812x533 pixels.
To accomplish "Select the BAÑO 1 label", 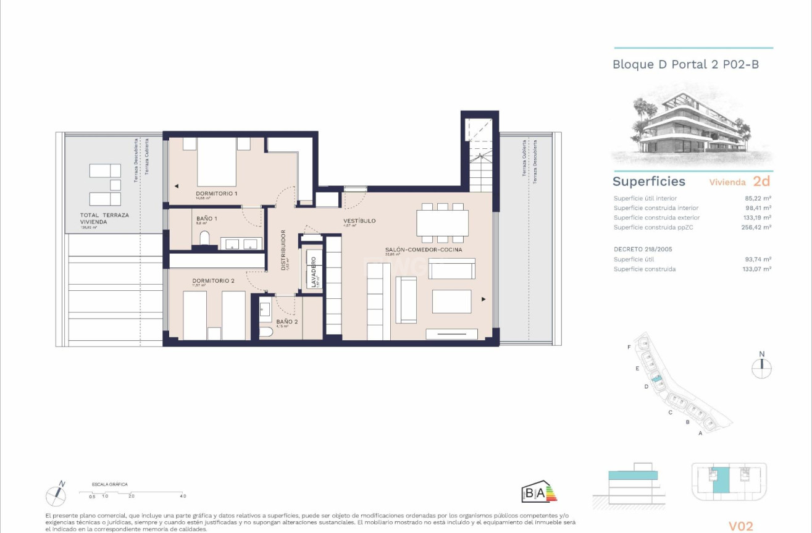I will click(207, 219).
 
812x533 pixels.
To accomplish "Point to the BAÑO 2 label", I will click(287, 322).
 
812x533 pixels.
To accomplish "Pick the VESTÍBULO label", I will click(359, 220).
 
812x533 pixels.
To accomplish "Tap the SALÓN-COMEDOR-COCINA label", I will click(424, 250).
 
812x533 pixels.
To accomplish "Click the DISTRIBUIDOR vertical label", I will click(283, 250).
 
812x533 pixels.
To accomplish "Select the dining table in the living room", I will click(442, 223).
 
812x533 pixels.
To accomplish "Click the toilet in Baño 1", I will click(205, 239).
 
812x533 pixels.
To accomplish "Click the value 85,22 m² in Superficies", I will click(758, 198).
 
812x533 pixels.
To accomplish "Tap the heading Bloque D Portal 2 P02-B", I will click(685, 64).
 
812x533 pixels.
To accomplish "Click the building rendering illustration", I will click(692, 127).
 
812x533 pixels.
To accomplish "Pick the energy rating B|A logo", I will click(539, 492).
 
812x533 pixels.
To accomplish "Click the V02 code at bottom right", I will click(740, 526).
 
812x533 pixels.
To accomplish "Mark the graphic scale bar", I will click(132, 492).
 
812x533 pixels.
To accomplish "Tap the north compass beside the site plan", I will click(761, 367).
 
